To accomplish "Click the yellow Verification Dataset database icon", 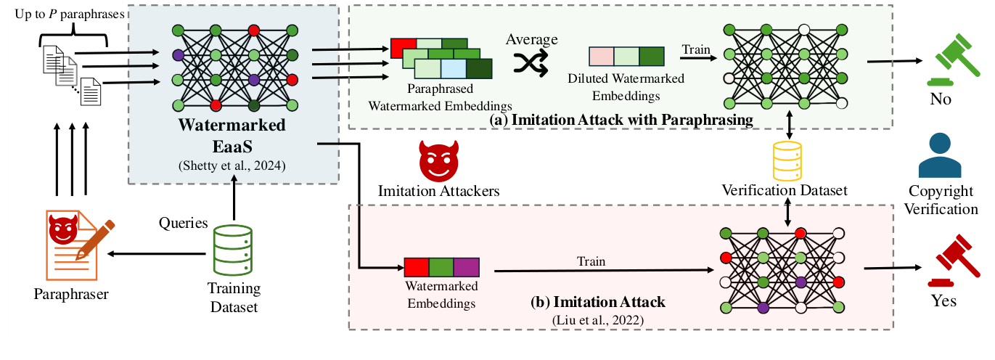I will [x=788, y=161].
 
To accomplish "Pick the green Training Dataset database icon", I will [x=234, y=250].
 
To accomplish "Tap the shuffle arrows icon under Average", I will [x=533, y=64].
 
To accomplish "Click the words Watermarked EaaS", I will [x=233, y=135].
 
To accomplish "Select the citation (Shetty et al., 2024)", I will [x=233, y=166].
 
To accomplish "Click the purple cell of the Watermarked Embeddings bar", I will [x=466, y=269].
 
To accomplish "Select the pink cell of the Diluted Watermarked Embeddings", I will [x=602, y=57].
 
